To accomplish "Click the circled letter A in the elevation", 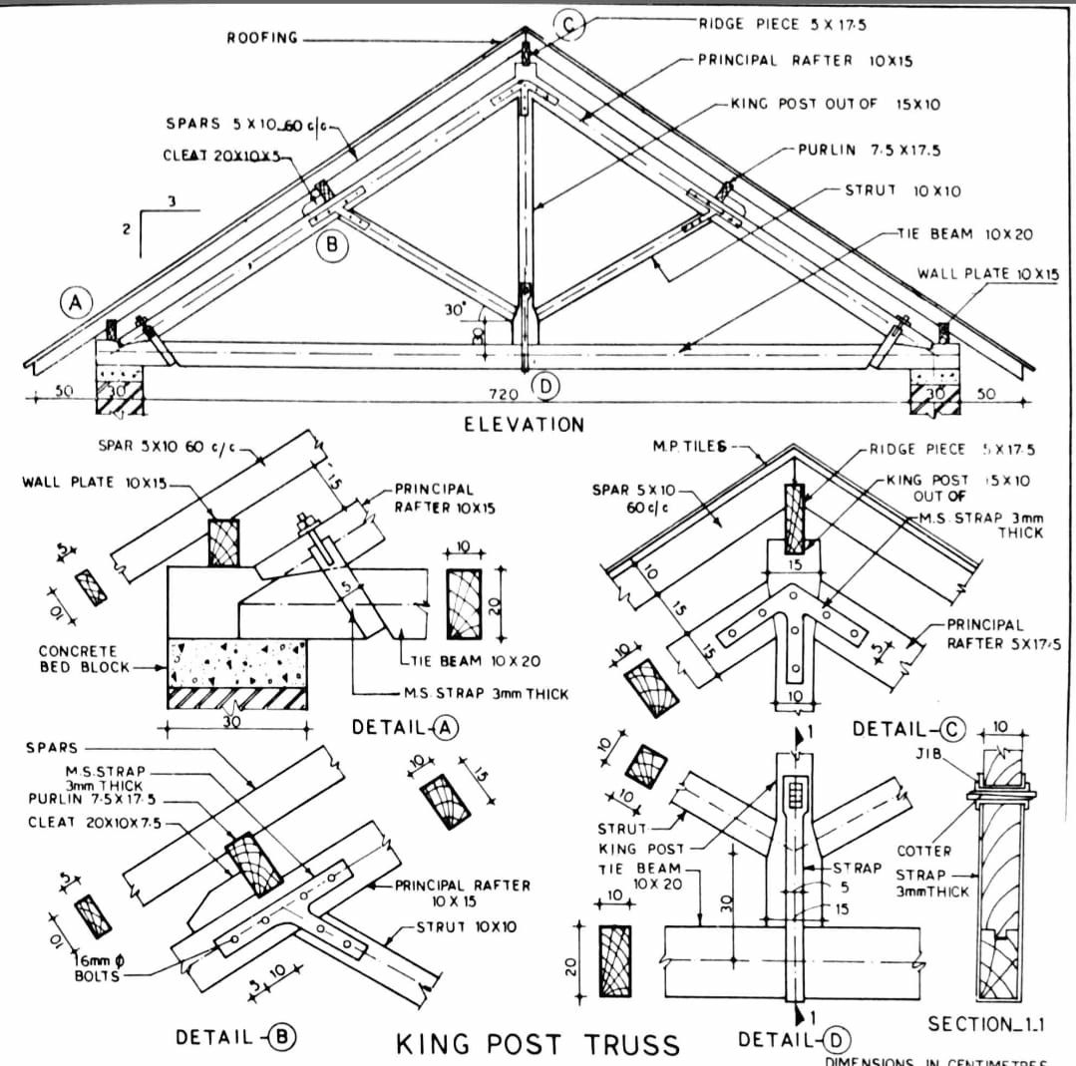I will pyautogui.click(x=71, y=302).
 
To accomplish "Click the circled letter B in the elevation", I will pyautogui.click(x=332, y=245).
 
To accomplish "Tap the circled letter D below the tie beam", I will pyautogui.click(x=544, y=384).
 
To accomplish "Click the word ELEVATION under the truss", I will pyautogui.click(x=524, y=425).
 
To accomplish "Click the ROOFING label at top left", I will pyautogui.click(x=261, y=38).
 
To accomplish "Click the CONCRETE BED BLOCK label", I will pyautogui.click(x=91, y=658).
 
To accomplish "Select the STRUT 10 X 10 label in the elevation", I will pyautogui.click(x=885, y=190).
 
